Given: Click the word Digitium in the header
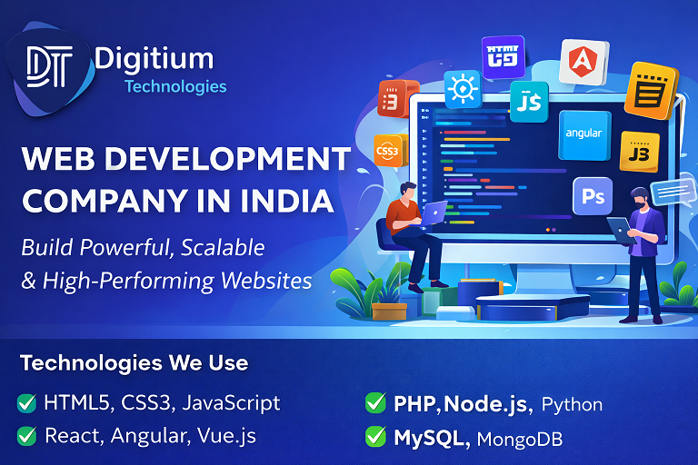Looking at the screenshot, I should (154, 60).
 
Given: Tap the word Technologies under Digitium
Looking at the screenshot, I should (175, 87).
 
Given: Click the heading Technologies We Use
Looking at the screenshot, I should (134, 363).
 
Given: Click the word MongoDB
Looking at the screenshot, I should (520, 440).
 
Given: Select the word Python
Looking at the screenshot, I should (573, 404).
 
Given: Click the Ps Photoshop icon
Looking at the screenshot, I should (592, 196).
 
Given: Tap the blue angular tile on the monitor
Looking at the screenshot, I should (583, 133).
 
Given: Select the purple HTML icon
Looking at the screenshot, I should (503, 57).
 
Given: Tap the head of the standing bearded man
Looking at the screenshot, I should (638, 197).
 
